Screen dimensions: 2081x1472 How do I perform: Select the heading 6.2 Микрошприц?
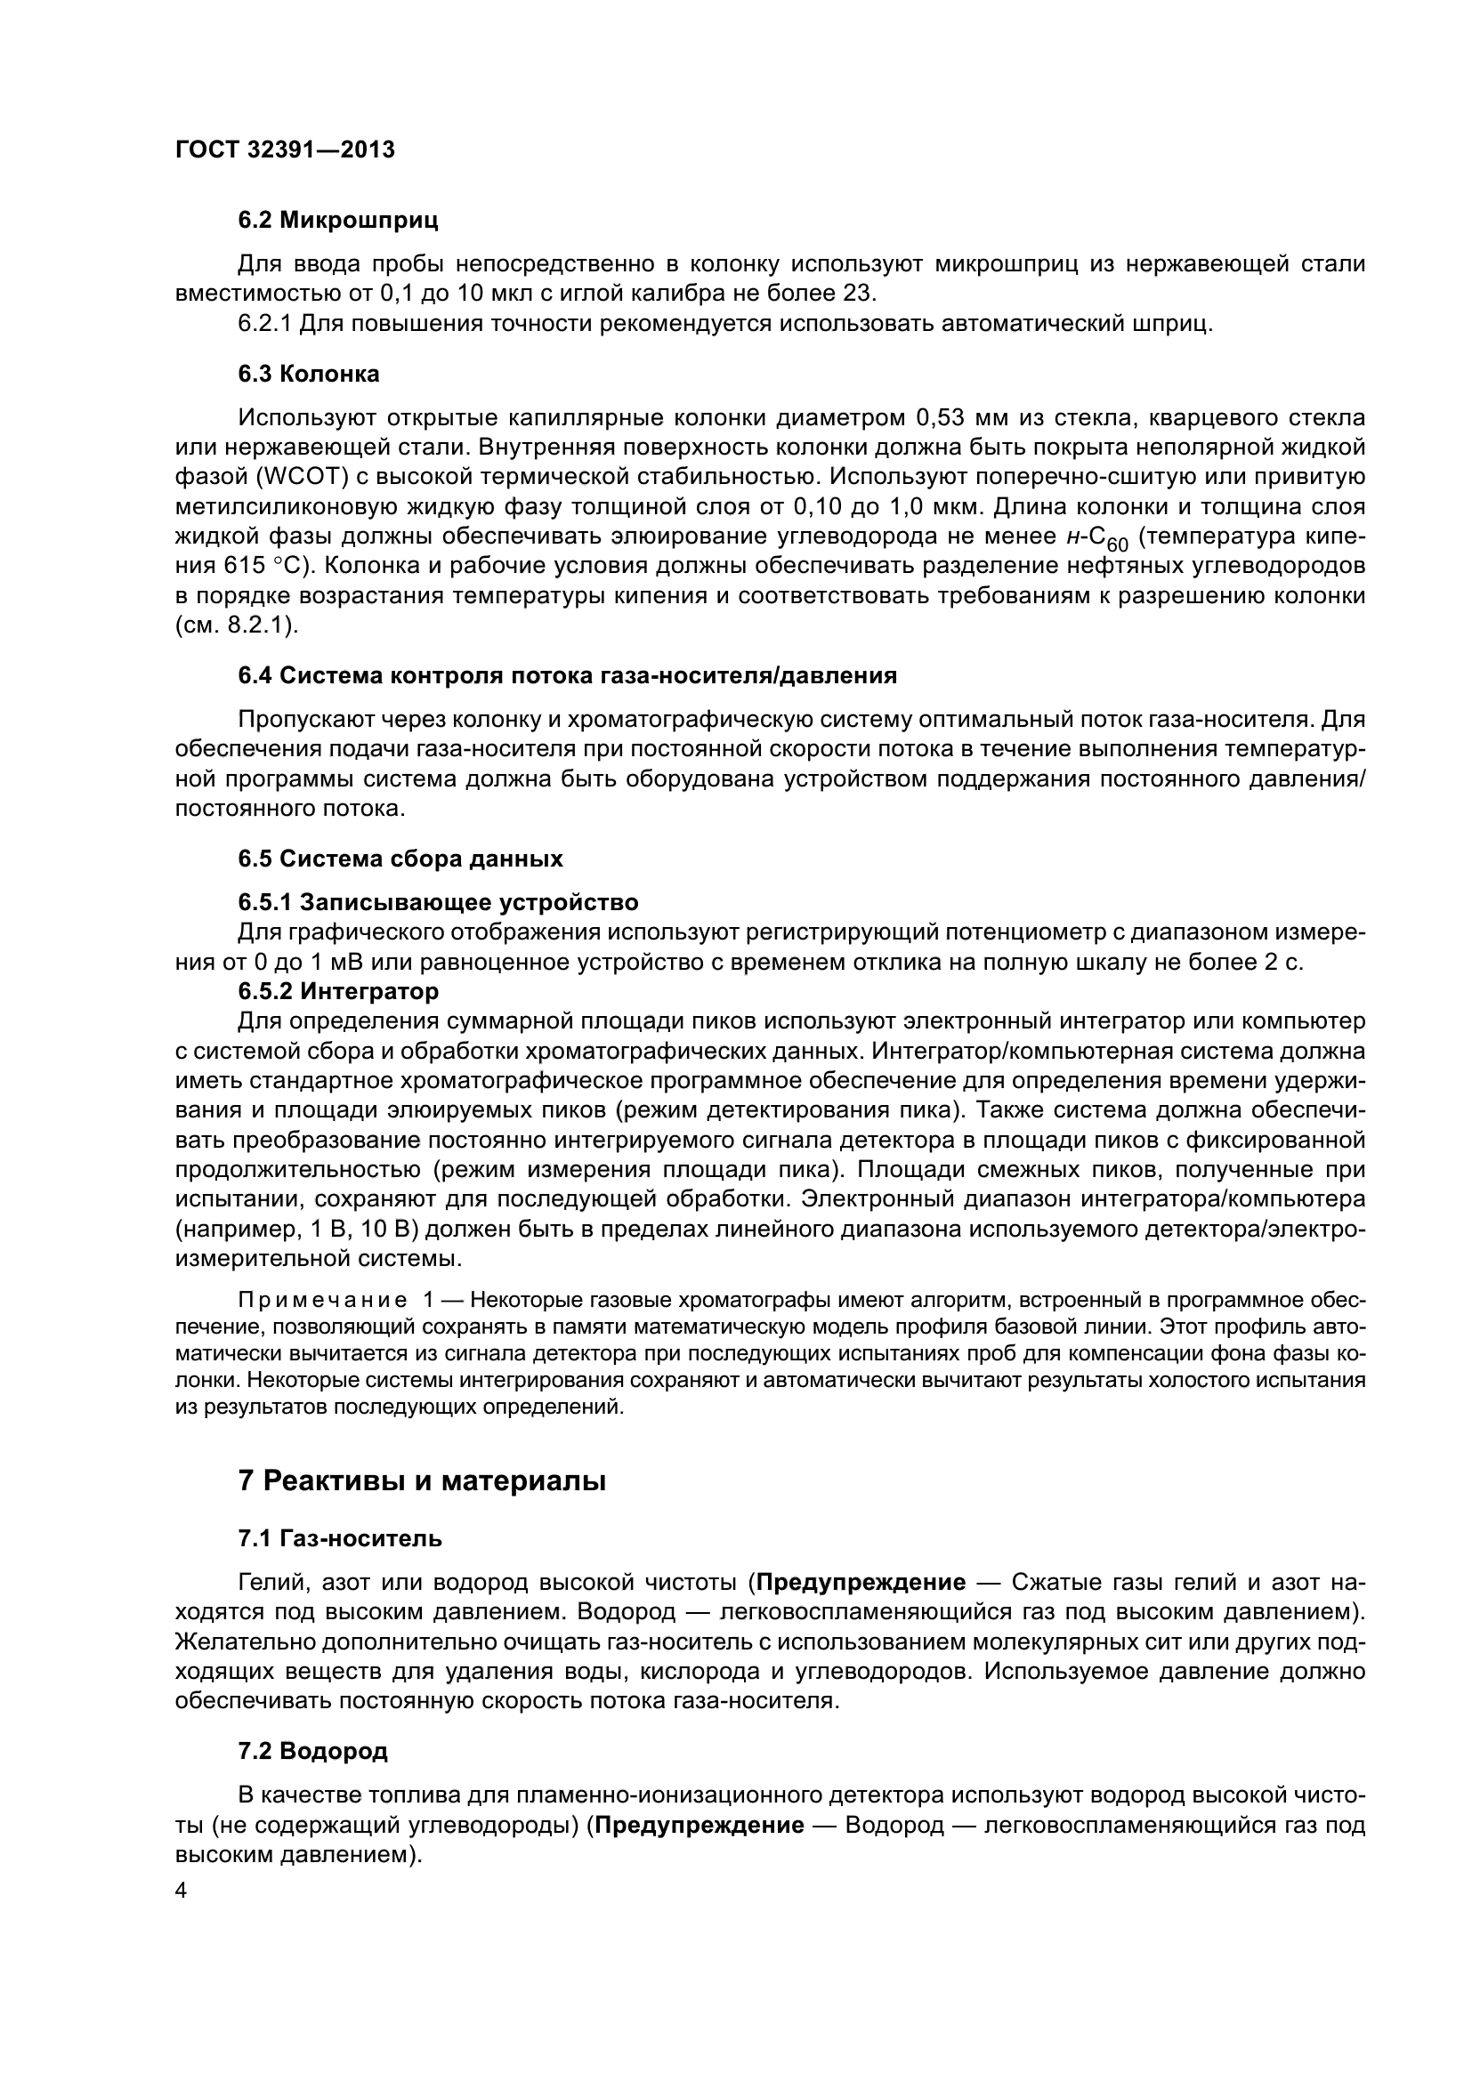pyautogui.click(x=338, y=221)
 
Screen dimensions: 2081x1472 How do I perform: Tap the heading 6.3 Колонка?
pyautogui.click(x=309, y=375)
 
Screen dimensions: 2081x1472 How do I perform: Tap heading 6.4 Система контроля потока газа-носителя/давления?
pyautogui.click(x=568, y=675)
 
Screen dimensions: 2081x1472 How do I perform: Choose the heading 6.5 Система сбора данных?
pyautogui.click(x=400, y=859)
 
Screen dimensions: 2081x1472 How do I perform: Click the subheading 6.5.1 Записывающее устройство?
pyautogui.click(x=438, y=903)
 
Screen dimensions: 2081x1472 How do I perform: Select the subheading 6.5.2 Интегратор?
pyautogui.click(x=338, y=991)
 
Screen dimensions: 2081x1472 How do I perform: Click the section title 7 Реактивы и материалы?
pyautogui.click(x=422, y=1482)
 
